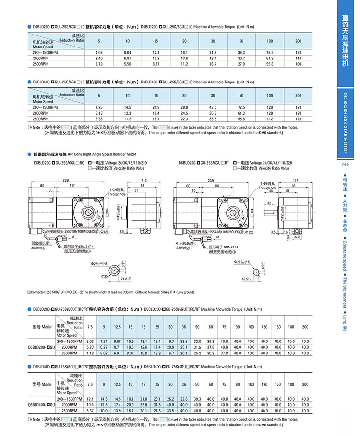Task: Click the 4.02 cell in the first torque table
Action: pyautogui.click(x=99, y=52)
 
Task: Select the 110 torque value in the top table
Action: pyautogui.click(x=298, y=58)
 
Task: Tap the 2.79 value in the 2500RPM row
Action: pyautogui.click(x=99, y=63)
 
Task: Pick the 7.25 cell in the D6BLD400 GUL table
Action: pyautogui.click(x=99, y=107)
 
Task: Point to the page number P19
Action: pyautogui.click(x=345, y=165)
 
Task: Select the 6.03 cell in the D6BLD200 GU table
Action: pyautogui.click(x=89, y=341)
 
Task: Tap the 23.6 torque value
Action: pyautogui.click(x=184, y=341)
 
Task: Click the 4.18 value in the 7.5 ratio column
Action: pyautogui.click(x=89, y=353)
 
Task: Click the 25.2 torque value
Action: pyautogui.click(x=197, y=353)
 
